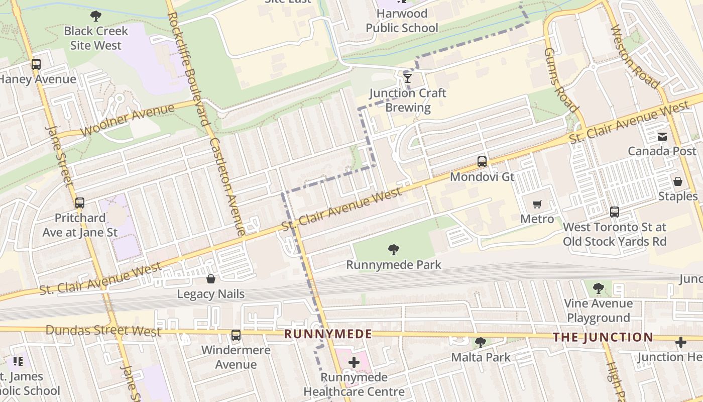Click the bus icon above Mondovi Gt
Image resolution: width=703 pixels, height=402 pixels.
click(x=482, y=162)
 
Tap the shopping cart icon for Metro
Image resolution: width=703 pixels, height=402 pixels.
click(x=537, y=204)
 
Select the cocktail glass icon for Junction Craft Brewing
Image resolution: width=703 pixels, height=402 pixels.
click(x=408, y=78)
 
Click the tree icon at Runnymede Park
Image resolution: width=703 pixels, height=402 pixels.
click(x=394, y=249)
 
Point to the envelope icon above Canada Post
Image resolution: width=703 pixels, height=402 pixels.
click(x=662, y=136)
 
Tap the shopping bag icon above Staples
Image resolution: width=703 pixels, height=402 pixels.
click(x=678, y=181)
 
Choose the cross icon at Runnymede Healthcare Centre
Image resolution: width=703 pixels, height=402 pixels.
click(x=354, y=362)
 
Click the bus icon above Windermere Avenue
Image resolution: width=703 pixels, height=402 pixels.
click(x=236, y=335)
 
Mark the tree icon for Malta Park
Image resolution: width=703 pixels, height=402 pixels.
click(x=481, y=343)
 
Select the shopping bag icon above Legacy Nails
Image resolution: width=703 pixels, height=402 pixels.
click(x=211, y=279)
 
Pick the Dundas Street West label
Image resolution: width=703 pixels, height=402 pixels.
click(x=103, y=331)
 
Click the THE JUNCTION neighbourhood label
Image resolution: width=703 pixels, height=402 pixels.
click(x=603, y=337)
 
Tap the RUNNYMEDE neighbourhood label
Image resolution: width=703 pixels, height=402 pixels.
click(x=328, y=334)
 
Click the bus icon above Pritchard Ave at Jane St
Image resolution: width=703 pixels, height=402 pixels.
click(x=80, y=203)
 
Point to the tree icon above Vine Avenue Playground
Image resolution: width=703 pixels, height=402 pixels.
click(x=598, y=288)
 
